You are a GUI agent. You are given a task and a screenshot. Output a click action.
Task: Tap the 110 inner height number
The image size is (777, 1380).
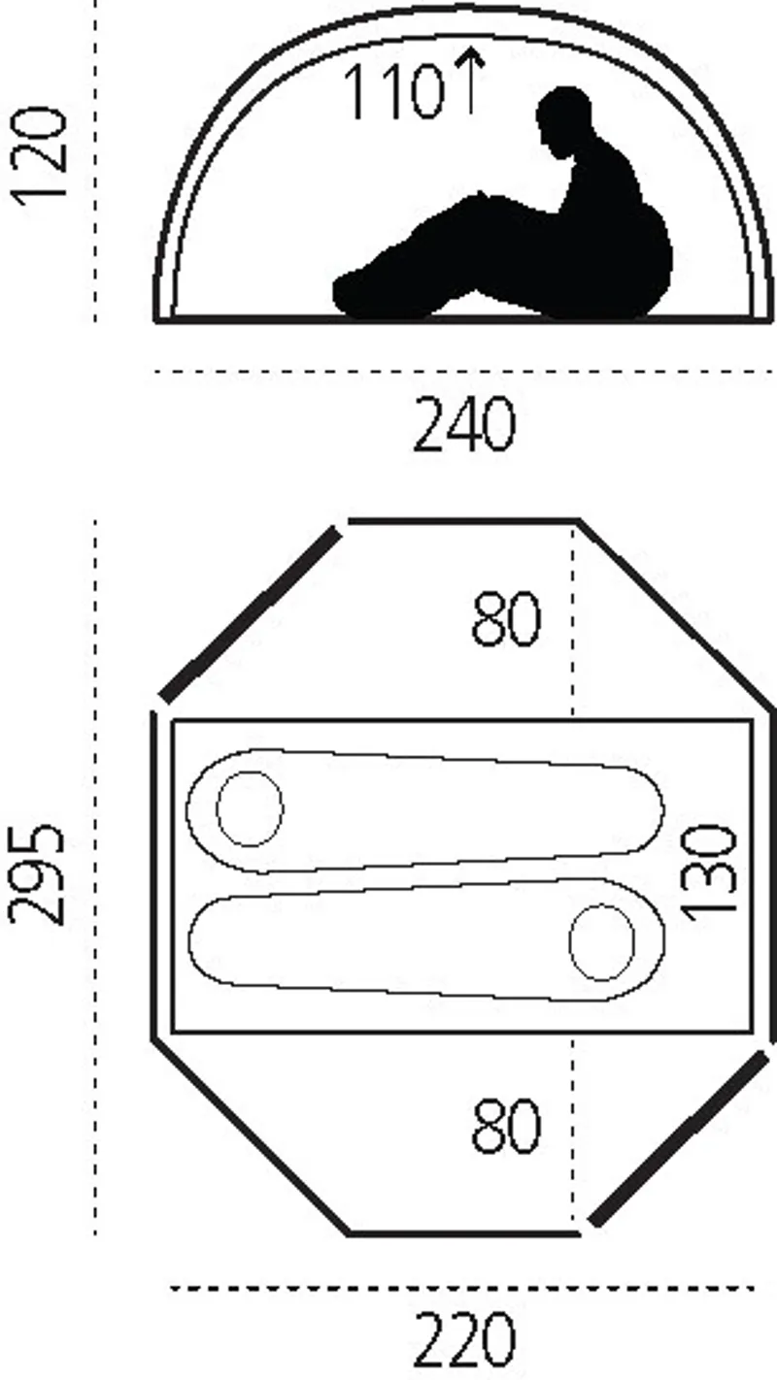tap(393, 91)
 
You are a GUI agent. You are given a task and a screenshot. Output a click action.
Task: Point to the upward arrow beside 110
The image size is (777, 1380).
tap(472, 81)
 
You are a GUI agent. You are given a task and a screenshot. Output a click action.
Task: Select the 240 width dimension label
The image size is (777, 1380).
tap(463, 424)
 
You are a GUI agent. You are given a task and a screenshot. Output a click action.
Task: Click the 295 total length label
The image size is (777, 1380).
tap(37, 873)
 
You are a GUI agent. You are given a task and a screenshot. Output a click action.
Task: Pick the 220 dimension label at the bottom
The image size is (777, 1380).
tap(463, 1339)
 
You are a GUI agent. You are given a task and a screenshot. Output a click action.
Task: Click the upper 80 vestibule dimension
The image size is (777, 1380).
tap(506, 618)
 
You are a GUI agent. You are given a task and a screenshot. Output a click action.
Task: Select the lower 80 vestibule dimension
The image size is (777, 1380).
tap(506, 1125)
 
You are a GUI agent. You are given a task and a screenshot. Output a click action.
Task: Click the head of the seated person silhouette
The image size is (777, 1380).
tap(563, 117)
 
